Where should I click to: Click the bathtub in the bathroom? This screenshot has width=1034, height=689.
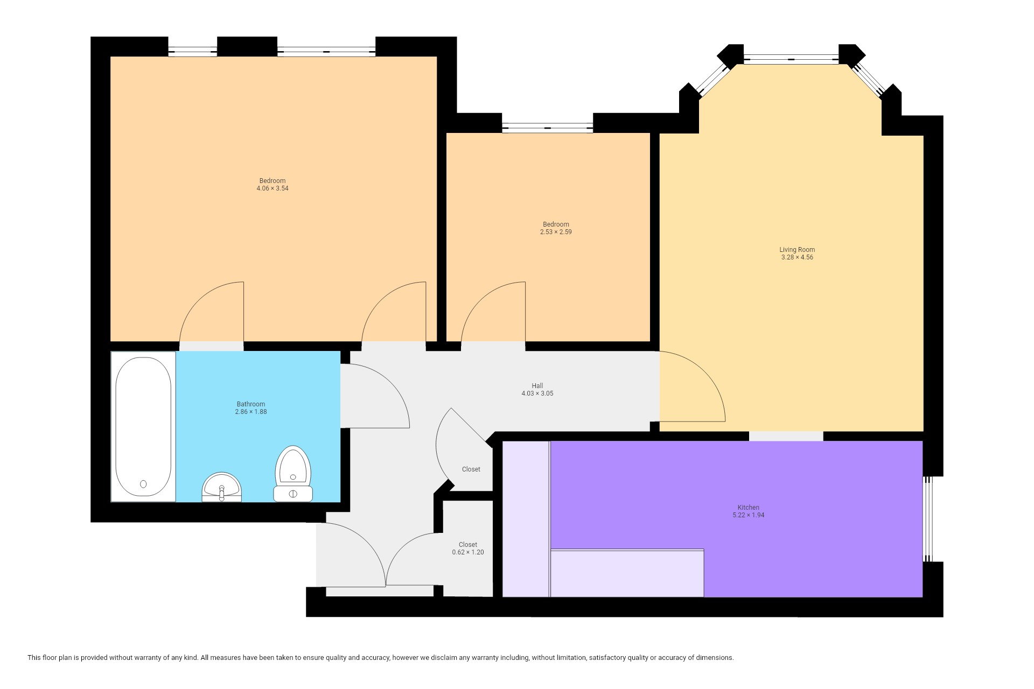[x=143, y=427]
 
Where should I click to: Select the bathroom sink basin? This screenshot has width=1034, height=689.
[x=221, y=487]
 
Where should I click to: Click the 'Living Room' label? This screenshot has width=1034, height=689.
[x=797, y=250]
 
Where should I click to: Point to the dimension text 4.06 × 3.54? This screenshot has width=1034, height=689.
[x=273, y=188]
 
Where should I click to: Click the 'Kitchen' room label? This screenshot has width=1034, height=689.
[x=749, y=508]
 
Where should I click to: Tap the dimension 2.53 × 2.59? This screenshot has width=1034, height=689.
[x=556, y=232]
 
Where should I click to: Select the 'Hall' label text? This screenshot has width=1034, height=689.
[x=537, y=386]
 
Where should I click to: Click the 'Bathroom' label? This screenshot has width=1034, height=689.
[x=251, y=404]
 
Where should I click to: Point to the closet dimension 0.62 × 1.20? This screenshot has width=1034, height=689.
[x=468, y=552]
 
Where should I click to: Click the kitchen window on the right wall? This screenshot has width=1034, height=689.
[x=927, y=519]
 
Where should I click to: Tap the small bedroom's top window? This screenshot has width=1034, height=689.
[x=548, y=128]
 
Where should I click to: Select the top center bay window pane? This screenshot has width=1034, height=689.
[x=791, y=59]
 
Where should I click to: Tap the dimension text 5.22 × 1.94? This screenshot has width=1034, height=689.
[x=749, y=515]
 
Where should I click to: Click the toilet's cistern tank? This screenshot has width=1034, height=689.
[x=293, y=494]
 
